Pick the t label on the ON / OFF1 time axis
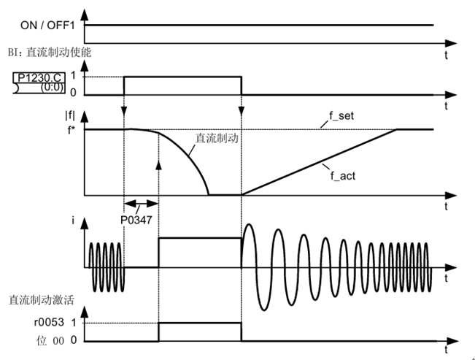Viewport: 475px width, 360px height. [x=447, y=54]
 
